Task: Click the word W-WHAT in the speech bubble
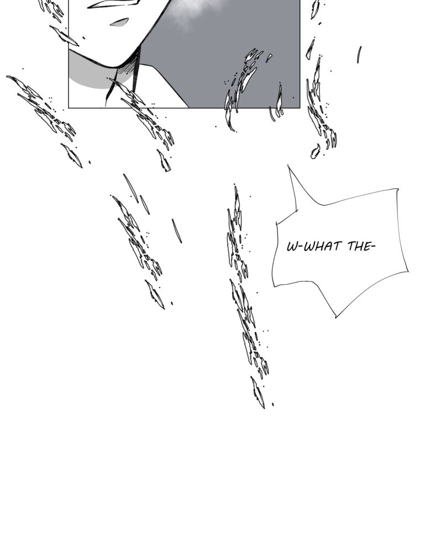(314, 246)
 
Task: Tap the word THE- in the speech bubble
(361, 246)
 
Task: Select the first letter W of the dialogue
(292, 247)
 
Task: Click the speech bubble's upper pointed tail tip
(288, 165)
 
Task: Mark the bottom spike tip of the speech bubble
(335, 317)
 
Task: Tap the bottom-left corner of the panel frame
(69, 107)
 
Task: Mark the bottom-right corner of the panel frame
(300, 108)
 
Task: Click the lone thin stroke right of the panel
(359, 55)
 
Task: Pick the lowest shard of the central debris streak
(257, 393)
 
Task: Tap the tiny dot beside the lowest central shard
(273, 405)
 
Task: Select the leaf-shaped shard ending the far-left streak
(72, 155)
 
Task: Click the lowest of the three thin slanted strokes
(177, 231)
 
